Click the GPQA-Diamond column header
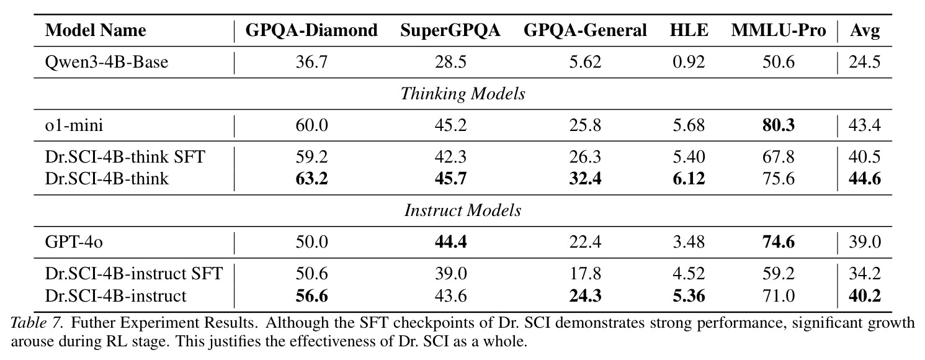[311, 30]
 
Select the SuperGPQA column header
[450, 30]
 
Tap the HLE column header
[689, 30]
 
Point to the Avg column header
[865, 31]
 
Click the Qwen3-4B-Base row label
[107, 63]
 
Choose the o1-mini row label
[74, 125]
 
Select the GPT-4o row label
[74, 242]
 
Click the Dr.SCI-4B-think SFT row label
[125, 157]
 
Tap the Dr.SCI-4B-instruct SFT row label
[134, 274]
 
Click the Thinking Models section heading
[463, 94]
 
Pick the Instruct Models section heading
[463, 211]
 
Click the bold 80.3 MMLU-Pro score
[779, 125]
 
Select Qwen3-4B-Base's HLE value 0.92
[689, 63]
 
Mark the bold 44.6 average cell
[865, 179]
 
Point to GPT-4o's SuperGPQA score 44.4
[450, 242]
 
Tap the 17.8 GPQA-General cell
[585, 274]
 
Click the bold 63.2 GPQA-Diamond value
[312, 179]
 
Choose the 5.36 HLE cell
[689, 296]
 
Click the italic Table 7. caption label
[37, 323]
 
